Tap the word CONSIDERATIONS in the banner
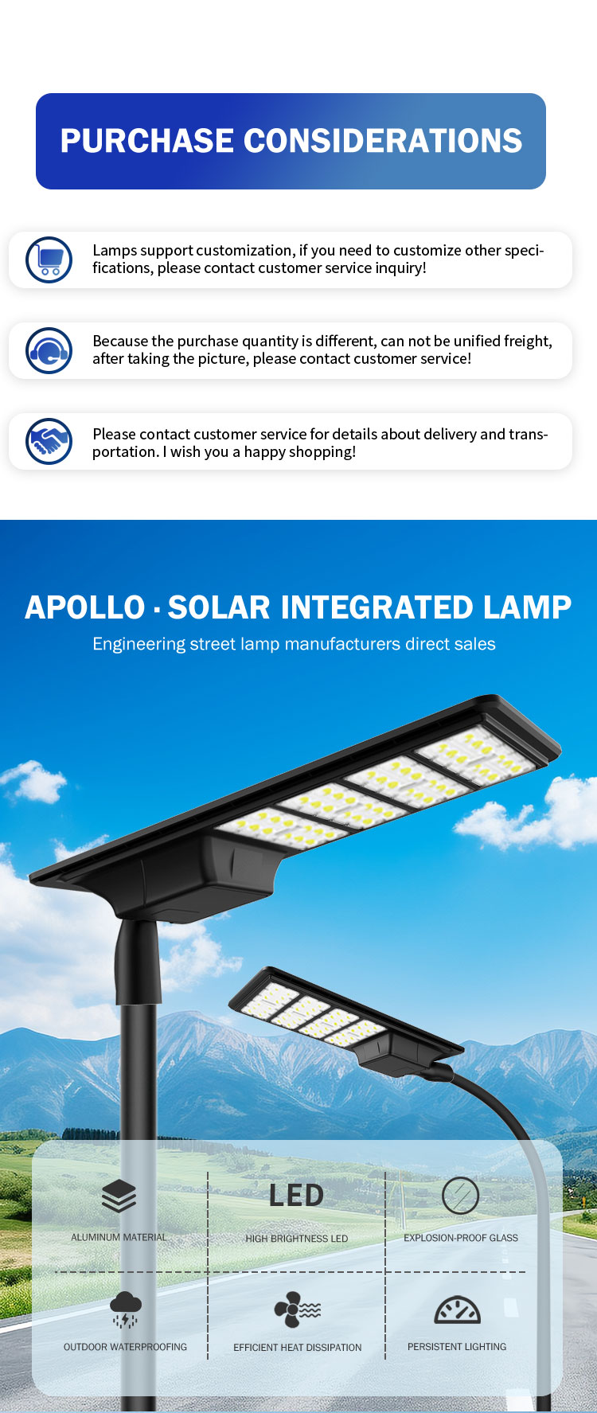(383, 141)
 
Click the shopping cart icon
(49, 260)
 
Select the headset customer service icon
(49, 350)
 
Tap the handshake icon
(49, 441)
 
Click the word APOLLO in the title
(85, 607)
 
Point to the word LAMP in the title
(527, 607)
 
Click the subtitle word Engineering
(139, 645)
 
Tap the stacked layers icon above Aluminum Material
(119, 1196)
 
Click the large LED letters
(296, 1195)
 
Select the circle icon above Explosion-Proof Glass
(460, 1196)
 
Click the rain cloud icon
(125, 1310)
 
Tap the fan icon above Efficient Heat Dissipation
(298, 1310)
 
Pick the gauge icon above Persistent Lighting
(457, 1310)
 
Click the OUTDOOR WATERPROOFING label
(126, 1347)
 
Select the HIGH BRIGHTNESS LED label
(297, 1239)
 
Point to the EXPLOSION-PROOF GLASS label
(461, 1238)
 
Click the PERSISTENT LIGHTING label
(457, 1347)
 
